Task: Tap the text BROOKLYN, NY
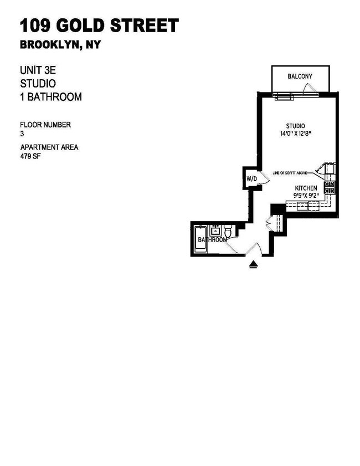(60, 45)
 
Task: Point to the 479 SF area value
(30, 156)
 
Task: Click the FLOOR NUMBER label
(45, 125)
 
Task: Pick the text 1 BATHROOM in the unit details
(51, 97)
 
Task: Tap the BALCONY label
(300, 76)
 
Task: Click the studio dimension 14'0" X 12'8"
(300, 133)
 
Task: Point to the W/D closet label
(251, 178)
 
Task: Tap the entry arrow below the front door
(254, 265)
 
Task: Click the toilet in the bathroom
(228, 232)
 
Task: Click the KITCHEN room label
(306, 188)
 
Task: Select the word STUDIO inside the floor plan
(296, 126)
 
